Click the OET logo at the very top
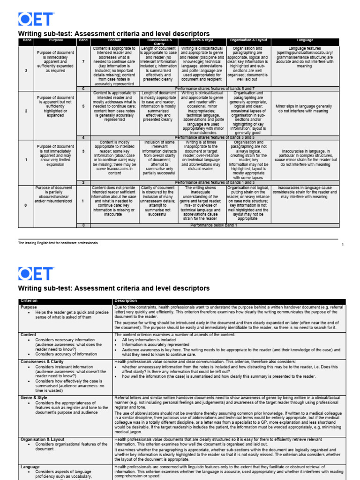(36, 19)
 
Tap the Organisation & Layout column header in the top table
(248, 41)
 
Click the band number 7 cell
(83, 61)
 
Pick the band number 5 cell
(83, 106)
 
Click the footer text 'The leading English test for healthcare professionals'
(58, 243)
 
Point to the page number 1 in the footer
(342, 245)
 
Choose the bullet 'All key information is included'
(151, 339)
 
